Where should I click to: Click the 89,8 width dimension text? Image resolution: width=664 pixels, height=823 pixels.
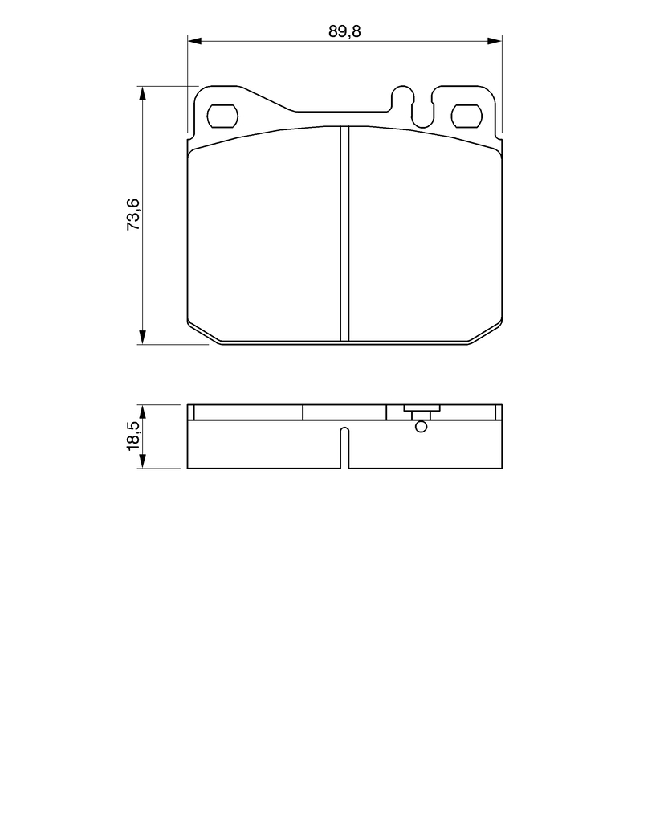coord(344,31)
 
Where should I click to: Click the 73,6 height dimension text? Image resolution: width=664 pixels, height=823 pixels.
coord(133,214)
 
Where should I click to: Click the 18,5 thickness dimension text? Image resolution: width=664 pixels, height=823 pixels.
coord(133,436)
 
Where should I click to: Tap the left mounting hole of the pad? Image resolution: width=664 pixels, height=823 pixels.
coord(223,116)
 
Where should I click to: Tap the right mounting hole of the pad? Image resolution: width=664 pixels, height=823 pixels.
coord(467,116)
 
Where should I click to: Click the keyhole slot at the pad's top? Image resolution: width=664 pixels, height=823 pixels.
coord(412,107)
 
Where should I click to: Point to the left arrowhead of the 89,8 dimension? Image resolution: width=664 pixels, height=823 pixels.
coord(194,41)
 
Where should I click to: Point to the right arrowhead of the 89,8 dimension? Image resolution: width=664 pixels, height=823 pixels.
coord(495,41)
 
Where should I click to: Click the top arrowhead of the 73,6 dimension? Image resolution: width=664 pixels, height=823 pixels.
coord(142,93)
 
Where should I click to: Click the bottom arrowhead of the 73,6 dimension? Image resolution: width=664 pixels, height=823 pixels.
coord(142,337)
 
